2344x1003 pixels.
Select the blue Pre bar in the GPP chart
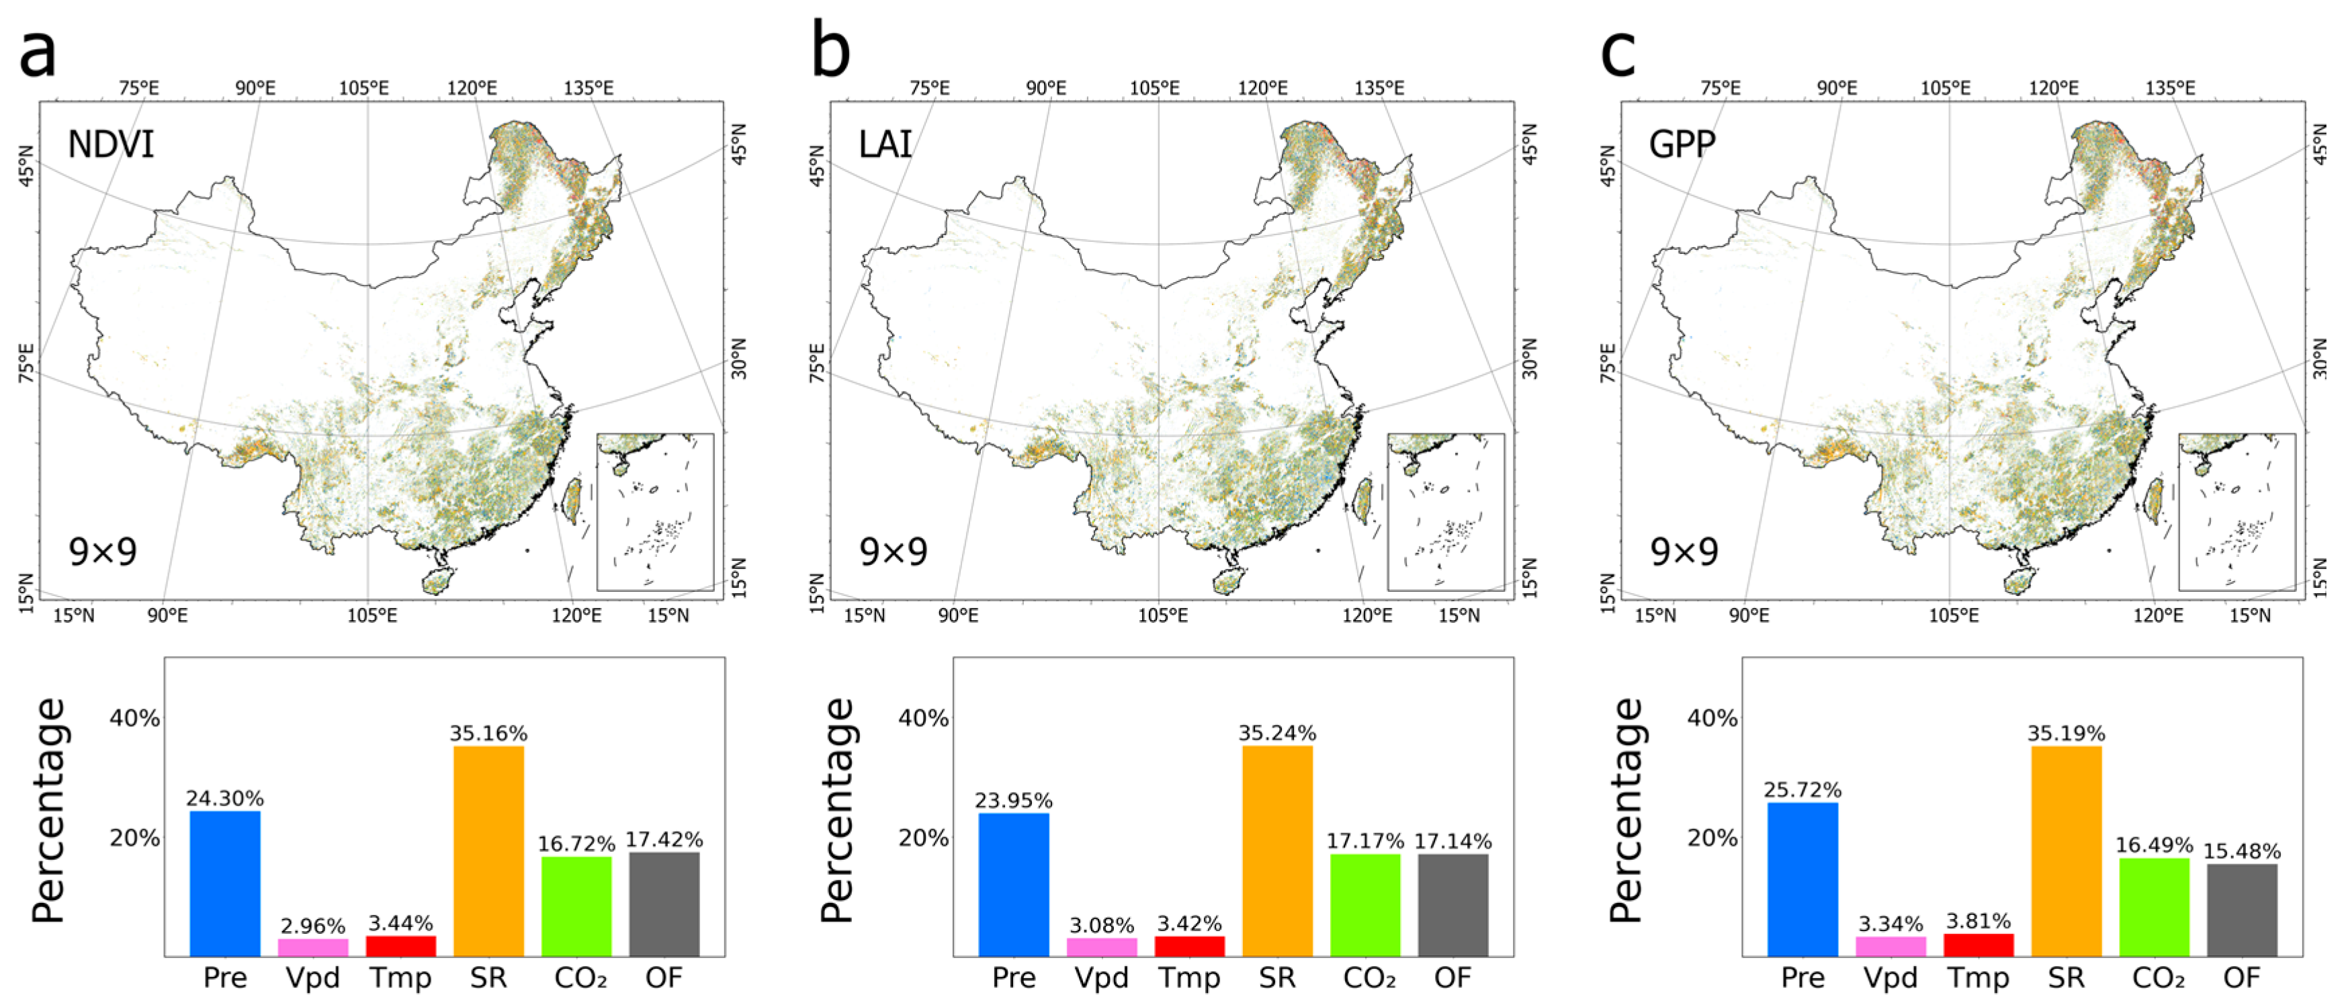click(x=1802, y=878)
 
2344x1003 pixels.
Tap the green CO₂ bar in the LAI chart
click(x=1365, y=904)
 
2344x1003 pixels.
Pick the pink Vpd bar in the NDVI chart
click(x=312, y=947)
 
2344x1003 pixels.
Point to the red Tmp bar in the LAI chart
click(x=1189, y=946)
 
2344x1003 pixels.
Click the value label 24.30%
click(x=225, y=798)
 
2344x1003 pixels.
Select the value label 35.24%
click(x=1276, y=733)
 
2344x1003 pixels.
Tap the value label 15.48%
click(x=2241, y=851)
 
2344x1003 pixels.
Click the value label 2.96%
click(x=312, y=926)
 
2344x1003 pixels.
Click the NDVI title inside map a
click(x=111, y=144)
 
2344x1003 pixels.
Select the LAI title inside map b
click(x=885, y=144)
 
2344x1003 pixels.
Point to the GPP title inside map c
click(x=1682, y=144)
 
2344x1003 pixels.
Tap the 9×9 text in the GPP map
click(x=1684, y=552)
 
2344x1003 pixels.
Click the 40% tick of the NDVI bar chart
click(x=134, y=718)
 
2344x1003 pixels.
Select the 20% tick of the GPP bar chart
click(x=1712, y=837)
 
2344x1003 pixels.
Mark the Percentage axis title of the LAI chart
click(x=836, y=810)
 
